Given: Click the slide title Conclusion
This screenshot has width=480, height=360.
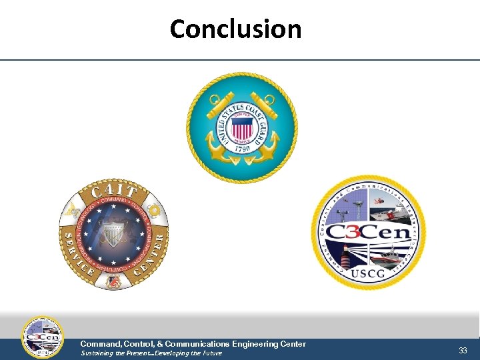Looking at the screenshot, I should [235, 29].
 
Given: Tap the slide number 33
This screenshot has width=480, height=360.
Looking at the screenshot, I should [463, 350].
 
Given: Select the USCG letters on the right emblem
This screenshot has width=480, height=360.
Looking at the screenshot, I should [369, 273].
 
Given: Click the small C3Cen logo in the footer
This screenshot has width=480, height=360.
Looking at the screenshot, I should [43, 337].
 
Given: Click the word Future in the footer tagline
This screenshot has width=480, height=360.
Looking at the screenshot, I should [210, 353].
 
